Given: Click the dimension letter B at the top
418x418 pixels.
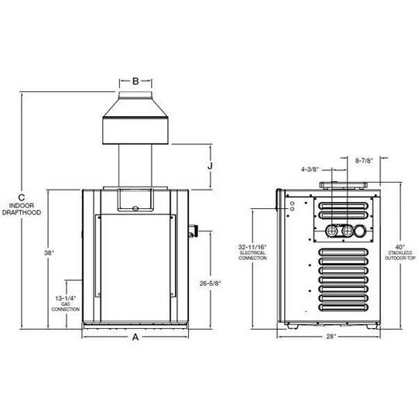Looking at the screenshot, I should tap(135, 81).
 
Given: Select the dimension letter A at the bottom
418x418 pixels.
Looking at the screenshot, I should tap(136, 337).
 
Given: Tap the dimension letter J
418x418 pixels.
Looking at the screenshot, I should tap(210, 166).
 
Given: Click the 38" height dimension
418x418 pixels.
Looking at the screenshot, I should tap(49, 252).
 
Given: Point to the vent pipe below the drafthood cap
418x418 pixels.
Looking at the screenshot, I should tap(135, 166).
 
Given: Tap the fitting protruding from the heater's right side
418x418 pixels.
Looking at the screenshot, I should tap(194, 231).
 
